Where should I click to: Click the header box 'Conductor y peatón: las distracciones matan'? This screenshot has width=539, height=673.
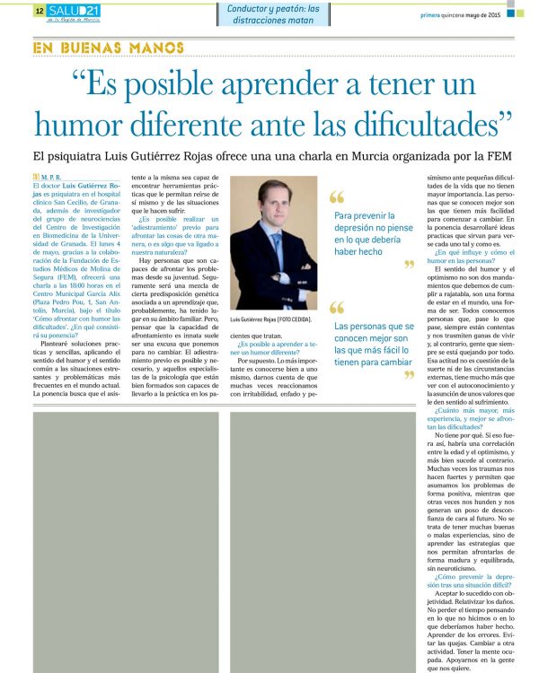pyautogui.click(x=272, y=13)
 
